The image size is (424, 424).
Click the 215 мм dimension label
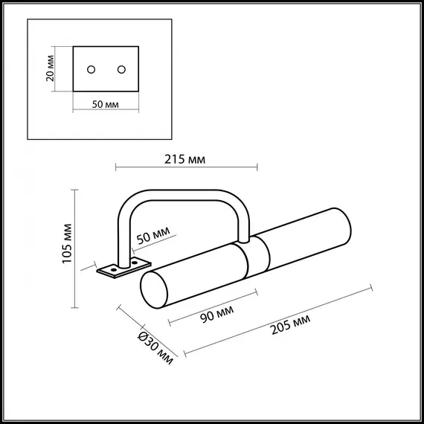click(186, 159)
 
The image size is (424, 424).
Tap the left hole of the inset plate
click(91, 69)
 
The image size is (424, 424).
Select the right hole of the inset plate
click(121, 69)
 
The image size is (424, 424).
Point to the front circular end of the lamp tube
click(155, 290)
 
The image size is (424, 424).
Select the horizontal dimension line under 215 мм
click(186, 168)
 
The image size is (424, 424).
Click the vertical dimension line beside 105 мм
click(74, 249)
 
